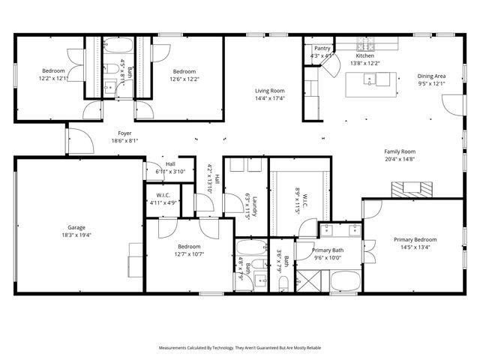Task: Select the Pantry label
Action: [322, 48]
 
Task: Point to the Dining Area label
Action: [431, 76]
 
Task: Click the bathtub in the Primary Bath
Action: [346, 282]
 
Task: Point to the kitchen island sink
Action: [370, 82]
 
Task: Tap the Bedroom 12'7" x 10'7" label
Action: [189, 246]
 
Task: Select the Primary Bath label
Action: [327, 250]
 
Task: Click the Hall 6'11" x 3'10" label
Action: [170, 163]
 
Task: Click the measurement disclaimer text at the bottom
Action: [240, 348]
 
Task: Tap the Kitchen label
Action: [364, 55]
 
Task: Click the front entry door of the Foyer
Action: [67, 139]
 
